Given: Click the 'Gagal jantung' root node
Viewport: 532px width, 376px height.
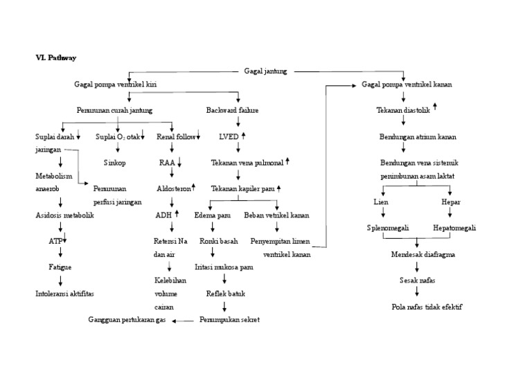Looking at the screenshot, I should [266, 71].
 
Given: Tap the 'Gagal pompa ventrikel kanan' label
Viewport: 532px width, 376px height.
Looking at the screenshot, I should [407, 84].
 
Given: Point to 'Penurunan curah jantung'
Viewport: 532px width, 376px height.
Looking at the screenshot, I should [115, 110].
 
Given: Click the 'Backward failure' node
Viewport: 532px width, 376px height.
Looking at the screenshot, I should [232, 110].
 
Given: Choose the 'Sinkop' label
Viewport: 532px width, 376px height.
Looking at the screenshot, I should [115, 163].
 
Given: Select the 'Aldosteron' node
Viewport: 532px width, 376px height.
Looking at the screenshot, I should [173, 188].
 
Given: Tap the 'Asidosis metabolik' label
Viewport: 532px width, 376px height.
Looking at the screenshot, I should [64, 215].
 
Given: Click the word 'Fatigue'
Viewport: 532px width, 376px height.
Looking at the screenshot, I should [60, 267].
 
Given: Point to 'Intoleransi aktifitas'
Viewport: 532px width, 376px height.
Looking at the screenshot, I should [64, 294].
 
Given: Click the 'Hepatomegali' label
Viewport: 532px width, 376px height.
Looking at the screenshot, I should [454, 228].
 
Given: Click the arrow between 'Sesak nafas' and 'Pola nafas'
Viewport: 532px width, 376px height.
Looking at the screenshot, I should [417, 293].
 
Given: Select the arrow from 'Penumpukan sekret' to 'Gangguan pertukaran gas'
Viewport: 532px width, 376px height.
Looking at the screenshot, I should [184, 321].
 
